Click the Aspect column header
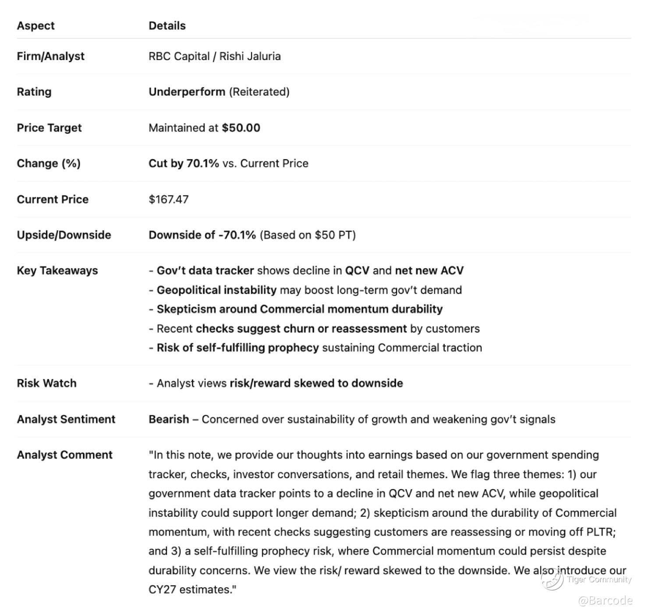[35, 25]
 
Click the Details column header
[167, 25]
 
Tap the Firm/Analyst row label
[50, 56]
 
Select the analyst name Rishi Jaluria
[250, 56]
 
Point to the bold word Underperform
[187, 92]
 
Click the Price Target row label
[49, 128]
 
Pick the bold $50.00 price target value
[241, 128]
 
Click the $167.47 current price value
[169, 199]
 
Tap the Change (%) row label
[49, 163]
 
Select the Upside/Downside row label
[64, 235]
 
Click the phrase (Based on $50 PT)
[308, 235]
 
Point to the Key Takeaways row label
[57, 270]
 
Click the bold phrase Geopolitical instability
[216, 290]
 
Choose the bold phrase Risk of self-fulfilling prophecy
[237, 348]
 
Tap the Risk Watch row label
[46, 383]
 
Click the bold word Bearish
[169, 419]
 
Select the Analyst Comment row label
[64, 455]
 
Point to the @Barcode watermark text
[605, 600]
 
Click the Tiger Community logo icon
[552, 579]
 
